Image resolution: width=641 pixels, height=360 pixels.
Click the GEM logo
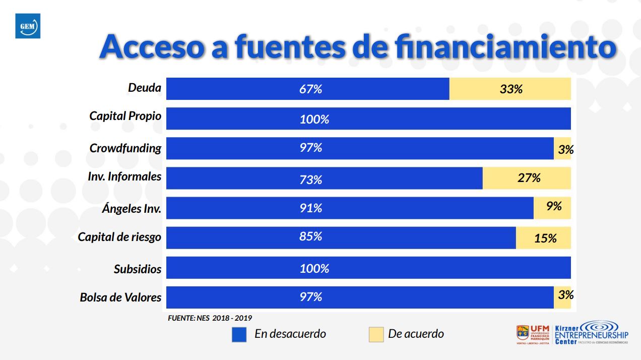point(28,26)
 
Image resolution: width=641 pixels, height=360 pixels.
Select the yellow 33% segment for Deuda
point(510,89)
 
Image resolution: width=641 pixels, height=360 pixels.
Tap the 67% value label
point(310,89)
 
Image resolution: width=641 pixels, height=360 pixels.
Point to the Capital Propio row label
point(125,116)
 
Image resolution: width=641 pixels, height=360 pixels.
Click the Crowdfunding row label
point(125,148)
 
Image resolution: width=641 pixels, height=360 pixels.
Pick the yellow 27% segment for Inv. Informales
point(527,178)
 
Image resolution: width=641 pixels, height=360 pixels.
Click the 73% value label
point(310,179)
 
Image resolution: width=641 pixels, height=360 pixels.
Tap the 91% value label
point(310,208)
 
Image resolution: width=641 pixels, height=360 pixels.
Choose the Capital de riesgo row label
point(119,236)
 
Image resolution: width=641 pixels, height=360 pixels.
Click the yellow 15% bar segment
point(543,238)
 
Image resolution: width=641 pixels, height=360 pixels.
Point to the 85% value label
point(310,236)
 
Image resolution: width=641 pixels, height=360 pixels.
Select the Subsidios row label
point(138,269)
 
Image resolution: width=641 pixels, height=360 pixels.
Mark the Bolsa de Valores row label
point(120,297)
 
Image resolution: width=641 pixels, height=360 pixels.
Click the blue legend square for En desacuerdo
point(239,334)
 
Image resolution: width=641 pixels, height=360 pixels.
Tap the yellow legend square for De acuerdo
point(376,334)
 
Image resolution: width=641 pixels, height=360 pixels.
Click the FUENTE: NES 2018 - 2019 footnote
point(210,318)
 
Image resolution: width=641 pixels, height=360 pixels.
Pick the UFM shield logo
point(523,333)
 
